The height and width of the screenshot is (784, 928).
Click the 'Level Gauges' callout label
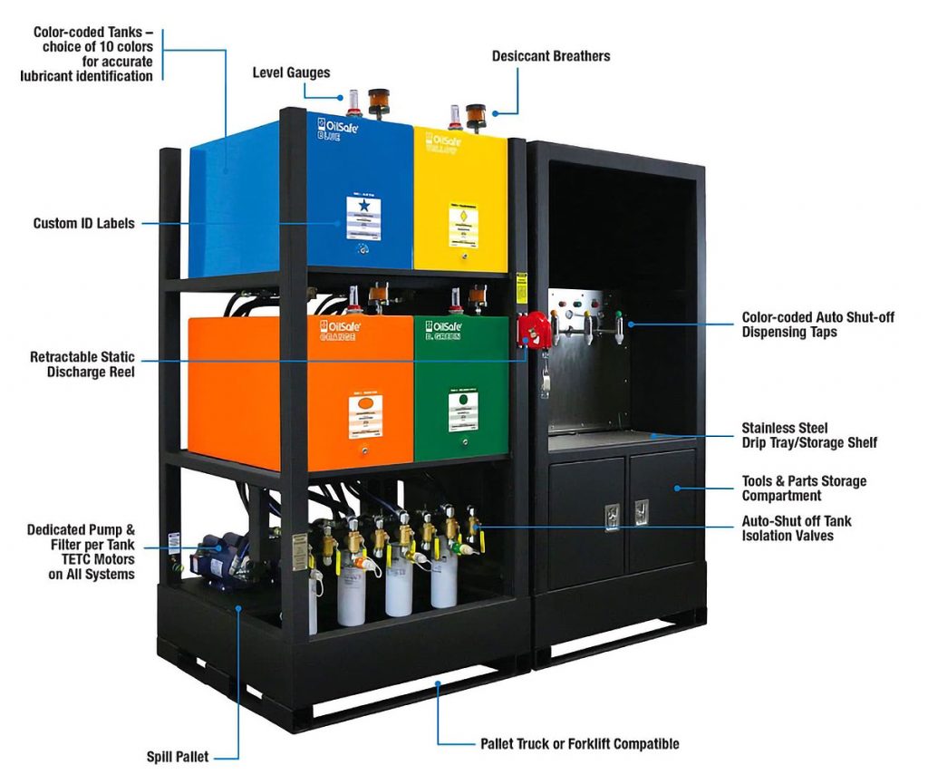[x=291, y=73]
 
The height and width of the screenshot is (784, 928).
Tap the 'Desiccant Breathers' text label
[x=550, y=56]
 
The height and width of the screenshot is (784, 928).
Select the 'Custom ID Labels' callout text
[x=83, y=223]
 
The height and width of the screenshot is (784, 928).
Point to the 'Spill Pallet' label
[x=178, y=756]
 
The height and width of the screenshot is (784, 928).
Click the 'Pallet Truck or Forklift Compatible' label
[x=579, y=744]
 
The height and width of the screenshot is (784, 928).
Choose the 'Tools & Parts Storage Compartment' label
[x=804, y=488]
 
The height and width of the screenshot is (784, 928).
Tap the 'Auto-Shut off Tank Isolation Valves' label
[x=797, y=528]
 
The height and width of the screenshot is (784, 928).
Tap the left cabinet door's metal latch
[x=613, y=515]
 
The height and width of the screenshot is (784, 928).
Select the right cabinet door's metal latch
[x=643, y=513]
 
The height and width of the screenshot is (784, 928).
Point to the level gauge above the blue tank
[x=353, y=102]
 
